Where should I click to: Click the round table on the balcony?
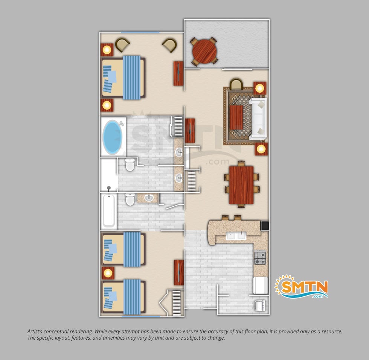click(204, 52)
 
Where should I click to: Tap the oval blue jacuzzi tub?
click(113, 137)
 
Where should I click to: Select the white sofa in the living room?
click(258, 118)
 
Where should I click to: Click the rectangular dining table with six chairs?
click(241, 185)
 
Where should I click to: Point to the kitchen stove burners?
click(260, 258)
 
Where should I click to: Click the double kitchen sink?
click(236, 236)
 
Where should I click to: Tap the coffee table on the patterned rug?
click(236, 117)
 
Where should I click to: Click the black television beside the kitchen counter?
click(265, 226)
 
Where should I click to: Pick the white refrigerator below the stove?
click(261, 285)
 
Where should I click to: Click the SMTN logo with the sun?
click(302, 287)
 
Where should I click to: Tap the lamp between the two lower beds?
click(108, 273)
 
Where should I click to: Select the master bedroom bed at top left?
click(123, 78)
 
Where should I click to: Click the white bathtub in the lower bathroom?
click(109, 211)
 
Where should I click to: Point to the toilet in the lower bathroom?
click(130, 199)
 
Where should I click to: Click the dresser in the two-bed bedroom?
click(179, 273)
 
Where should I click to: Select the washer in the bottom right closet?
click(260, 305)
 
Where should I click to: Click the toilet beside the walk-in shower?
click(130, 165)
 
